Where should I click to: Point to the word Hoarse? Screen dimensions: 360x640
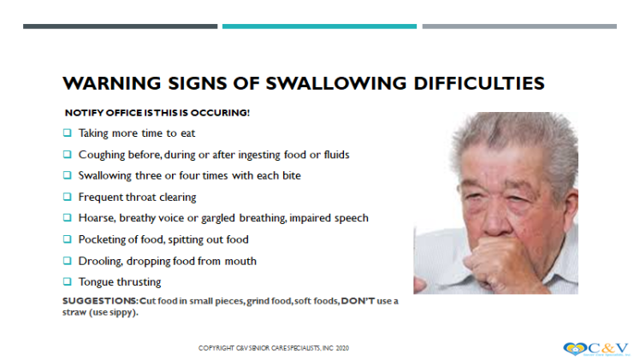pyautogui.click(x=96, y=218)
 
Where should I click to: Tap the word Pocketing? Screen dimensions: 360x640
pyautogui.click(x=102, y=239)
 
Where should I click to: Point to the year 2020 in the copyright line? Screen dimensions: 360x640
pyautogui.click(x=341, y=348)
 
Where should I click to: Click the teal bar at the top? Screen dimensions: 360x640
pyautogui.click(x=319, y=27)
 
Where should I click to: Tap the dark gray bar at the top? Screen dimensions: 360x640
pyautogui.click(x=120, y=27)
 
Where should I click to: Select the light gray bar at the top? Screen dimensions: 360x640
pyautogui.click(x=519, y=27)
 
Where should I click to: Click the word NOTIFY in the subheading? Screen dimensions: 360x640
pyautogui.click(x=82, y=113)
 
